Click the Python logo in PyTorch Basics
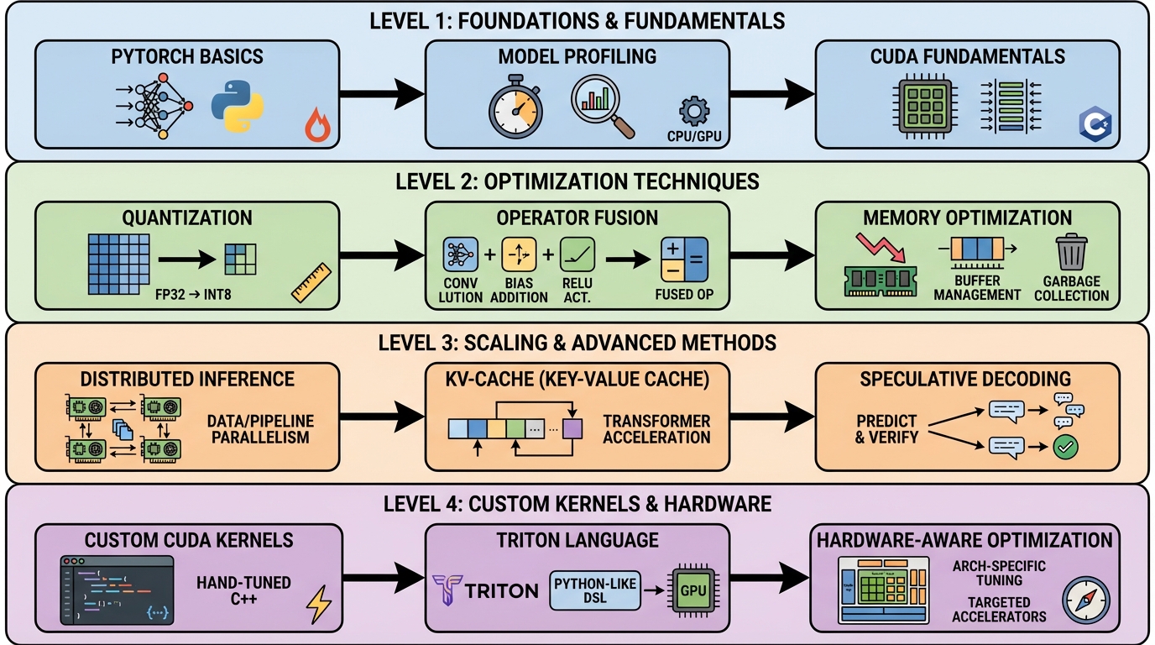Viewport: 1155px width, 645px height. pyautogui.click(x=238, y=107)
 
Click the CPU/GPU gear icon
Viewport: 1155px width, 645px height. pyautogui.click(x=694, y=112)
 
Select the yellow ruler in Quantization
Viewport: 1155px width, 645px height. pyautogui.click(x=312, y=282)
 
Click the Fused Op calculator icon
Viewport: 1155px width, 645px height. pyautogui.click(x=685, y=259)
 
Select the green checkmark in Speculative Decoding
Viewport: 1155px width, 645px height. pyautogui.click(x=1065, y=446)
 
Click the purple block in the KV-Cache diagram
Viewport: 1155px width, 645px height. pyautogui.click(x=572, y=428)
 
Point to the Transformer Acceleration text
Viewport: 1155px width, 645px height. pyautogui.click(x=656, y=428)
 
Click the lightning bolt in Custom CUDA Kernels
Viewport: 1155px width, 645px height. pyautogui.click(x=320, y=603)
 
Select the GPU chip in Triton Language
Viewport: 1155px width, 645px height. pyautogui.click(x=693, y=590)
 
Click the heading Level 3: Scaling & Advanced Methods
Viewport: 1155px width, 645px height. pyautogui.click(x=577, y=342)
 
